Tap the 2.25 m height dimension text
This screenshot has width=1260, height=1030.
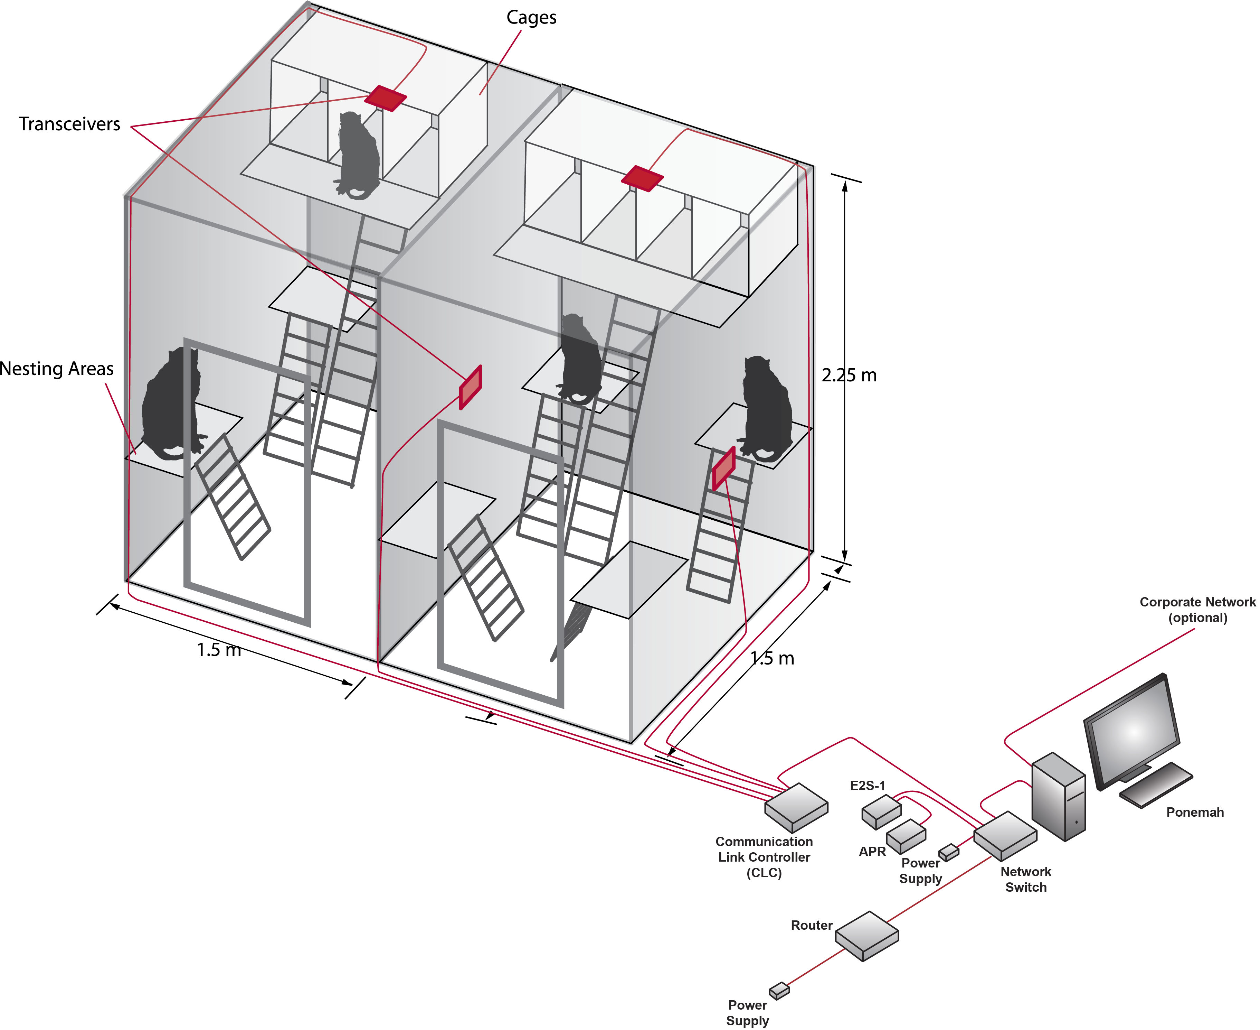[849, 375]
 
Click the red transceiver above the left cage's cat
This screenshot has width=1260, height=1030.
[386, 98]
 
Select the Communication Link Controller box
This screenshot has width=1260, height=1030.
[796, 807]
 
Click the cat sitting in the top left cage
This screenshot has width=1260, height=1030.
[358, 156]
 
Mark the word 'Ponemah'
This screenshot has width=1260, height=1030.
[1194, 812]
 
